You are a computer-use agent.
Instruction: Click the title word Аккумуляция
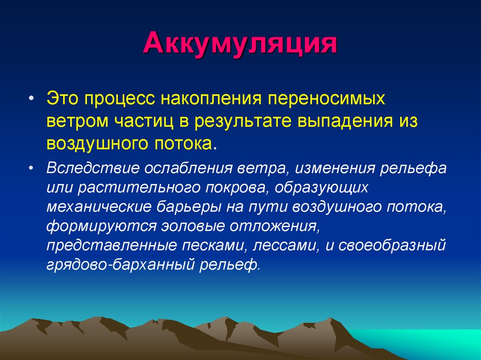(240, 44)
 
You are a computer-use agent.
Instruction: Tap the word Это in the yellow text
(63, 98)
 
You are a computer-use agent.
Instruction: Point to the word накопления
(211, 99)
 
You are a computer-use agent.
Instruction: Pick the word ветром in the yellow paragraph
(78, 122)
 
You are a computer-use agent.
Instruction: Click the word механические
(99, 207)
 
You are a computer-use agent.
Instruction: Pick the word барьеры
(188, 207)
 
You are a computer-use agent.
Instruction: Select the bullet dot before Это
(31, 99)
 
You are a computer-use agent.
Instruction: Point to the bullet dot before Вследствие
(31, 168)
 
